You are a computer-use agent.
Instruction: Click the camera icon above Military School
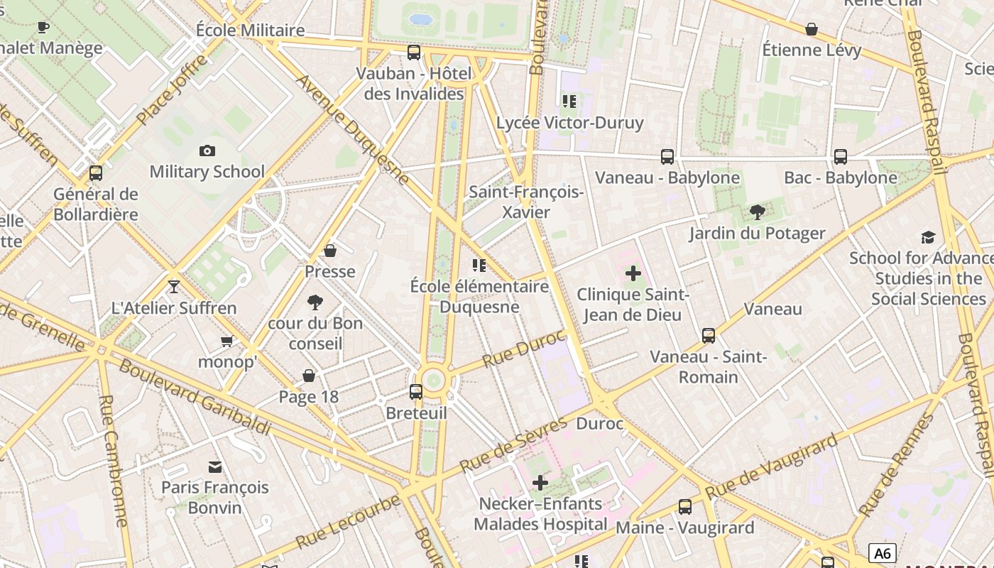[x=207, y=151]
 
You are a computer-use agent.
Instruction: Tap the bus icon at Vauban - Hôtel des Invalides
[x=414, y=52]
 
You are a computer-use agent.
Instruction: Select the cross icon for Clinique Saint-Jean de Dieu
[x=633, y=273]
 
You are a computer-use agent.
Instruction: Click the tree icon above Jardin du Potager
[x=758, y=212]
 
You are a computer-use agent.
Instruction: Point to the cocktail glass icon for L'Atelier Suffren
[x=174, y=286]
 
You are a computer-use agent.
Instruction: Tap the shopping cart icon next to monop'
[x=227, y=342]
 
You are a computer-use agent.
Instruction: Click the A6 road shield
[x=882, y=553]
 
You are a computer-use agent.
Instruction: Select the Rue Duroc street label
[x=523, y=348]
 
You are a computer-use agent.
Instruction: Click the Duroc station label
[x=599, y=424]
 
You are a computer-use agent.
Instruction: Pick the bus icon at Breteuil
[x=416, y=391]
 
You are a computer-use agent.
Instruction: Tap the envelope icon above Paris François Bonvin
[x=214, y=466]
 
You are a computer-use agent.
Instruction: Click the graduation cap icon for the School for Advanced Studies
[x=928, y=237]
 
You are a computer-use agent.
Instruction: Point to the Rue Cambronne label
[x=113, y=461]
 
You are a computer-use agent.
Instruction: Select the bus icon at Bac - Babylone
[x=841, y=156]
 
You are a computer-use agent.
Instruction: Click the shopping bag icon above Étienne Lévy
[x=812, y=29]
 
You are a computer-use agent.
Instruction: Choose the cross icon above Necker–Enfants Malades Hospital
[x=540, y=483]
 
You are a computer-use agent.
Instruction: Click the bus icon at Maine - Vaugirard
[x=684, y=506]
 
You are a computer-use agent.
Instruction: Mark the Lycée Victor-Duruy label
[x=569, y=122]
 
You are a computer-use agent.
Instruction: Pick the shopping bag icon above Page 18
[x=309, y=375]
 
